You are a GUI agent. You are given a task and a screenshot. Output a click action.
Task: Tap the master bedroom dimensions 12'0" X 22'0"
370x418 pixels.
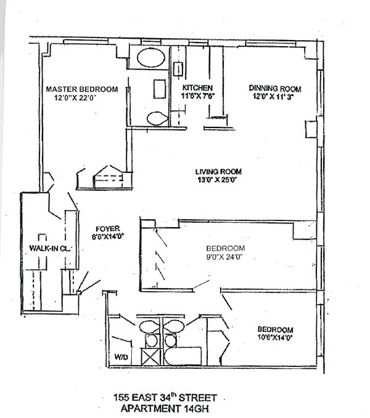(x=76, y=97)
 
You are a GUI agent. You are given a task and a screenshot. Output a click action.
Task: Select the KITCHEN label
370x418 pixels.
(x=197, y=88)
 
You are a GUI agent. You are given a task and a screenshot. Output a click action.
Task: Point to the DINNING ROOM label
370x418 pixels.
(x=275, y=88)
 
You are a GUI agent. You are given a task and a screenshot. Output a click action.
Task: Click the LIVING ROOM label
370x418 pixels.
(x=218, y=172)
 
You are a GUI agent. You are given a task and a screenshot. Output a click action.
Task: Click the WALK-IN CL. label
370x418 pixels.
(x=43, y=248)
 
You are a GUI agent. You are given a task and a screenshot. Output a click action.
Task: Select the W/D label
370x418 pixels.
(x=120, y=356)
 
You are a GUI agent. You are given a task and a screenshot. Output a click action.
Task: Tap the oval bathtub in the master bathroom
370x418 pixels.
(x=150, y=60)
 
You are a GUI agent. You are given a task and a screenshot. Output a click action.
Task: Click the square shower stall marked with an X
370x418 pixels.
(x=151, y=357)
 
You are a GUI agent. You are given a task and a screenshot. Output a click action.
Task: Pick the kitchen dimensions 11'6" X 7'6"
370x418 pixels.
(x=197, y=97)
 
